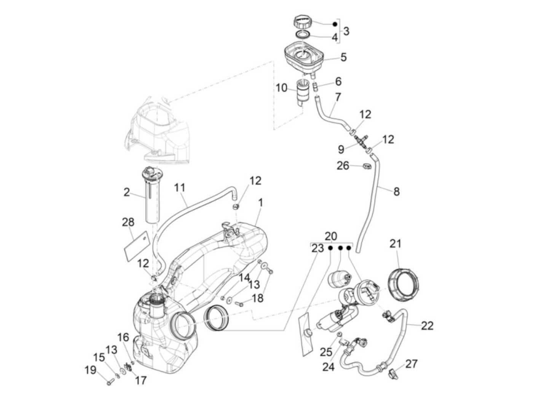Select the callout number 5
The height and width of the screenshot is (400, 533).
coord(343,57)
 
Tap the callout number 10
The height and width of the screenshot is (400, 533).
coord(281,88)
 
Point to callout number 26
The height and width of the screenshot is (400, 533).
coord(343,166)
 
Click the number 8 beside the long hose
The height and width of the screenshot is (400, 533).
coord(396,191)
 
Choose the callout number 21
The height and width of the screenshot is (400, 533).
coord(395,243)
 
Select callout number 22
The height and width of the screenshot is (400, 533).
coord(427,326)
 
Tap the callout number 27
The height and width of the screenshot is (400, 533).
coord(412,364)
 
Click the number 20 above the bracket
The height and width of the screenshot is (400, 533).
coord(331,236)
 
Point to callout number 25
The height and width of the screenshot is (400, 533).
coord(326,352)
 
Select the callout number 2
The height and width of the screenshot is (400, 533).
coord(126,192)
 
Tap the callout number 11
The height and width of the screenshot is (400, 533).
coord(180,187)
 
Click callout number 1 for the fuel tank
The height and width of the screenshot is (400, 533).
coord(260,203)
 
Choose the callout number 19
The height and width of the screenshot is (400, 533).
coord(91,370)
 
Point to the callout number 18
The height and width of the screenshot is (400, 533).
coord(258,298)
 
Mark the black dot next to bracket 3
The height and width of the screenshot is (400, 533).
coord(335,24)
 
